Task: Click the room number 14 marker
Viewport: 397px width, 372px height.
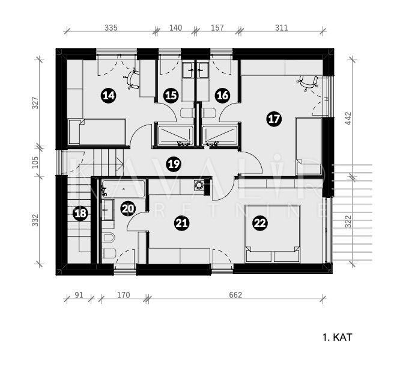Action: [108, 95]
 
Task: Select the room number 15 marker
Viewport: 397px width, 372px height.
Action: [171, 95]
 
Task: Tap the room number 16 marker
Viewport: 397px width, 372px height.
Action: [222, 95]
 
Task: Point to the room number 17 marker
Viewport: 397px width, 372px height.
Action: [274, 119]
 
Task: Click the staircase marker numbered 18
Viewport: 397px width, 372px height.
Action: [80, 212]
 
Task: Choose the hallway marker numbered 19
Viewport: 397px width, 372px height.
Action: [174, 163]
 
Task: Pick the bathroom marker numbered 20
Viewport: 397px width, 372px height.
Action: [128, 209]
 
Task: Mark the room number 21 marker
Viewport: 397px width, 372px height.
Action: [181, 223]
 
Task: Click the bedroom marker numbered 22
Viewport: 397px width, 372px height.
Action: [259, 223]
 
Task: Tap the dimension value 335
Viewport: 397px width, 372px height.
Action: [111, 28]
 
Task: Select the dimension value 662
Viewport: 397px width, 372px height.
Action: [235, 295]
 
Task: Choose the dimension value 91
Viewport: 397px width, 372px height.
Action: [79, 295]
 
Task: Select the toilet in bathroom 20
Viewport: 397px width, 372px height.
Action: [109, 245]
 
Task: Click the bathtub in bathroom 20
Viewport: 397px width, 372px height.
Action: [124, 190]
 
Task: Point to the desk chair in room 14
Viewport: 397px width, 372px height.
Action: [132, 78]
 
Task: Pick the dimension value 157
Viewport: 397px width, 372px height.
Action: [217, 28]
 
